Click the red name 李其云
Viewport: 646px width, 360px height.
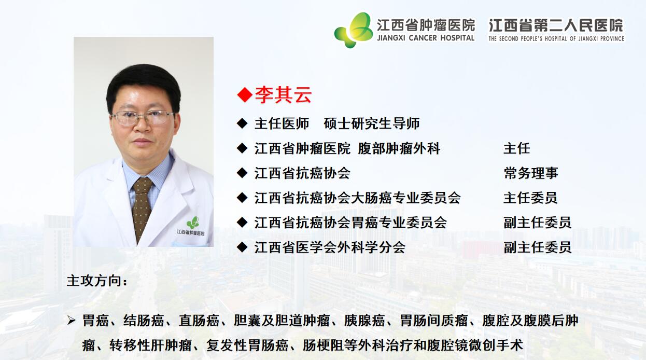tap(283, 94)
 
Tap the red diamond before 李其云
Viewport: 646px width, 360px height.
tap(245, 95)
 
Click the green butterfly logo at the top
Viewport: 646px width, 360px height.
tap(354, 30)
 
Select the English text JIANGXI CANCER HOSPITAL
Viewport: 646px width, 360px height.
tap(426, 38)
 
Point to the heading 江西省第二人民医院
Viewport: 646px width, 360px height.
tap(556, 25)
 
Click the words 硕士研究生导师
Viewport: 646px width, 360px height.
tap(371, 124)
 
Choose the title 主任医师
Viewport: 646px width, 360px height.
tap(282, 124)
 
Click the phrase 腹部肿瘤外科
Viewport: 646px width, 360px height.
tap(399, 148)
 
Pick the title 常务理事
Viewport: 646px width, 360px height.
tap(531, 173)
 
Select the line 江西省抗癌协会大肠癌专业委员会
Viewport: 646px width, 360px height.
tap(357, 198)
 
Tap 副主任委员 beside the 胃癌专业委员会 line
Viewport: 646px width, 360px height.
tap(537, 223)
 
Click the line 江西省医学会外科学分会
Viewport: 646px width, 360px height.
tap(330, 247)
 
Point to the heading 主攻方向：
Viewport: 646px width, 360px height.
tap(97, 281)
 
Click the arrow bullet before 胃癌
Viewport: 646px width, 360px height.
tap(71, 321)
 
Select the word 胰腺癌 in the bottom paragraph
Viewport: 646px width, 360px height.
tap(364, 321)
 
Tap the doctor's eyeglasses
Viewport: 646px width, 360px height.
tap(143, 117)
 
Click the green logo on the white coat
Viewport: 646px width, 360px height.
tap(193, 223)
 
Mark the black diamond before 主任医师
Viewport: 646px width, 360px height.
tap(242, 124)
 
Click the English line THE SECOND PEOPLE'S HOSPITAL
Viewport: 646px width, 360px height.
tap(556, 39)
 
